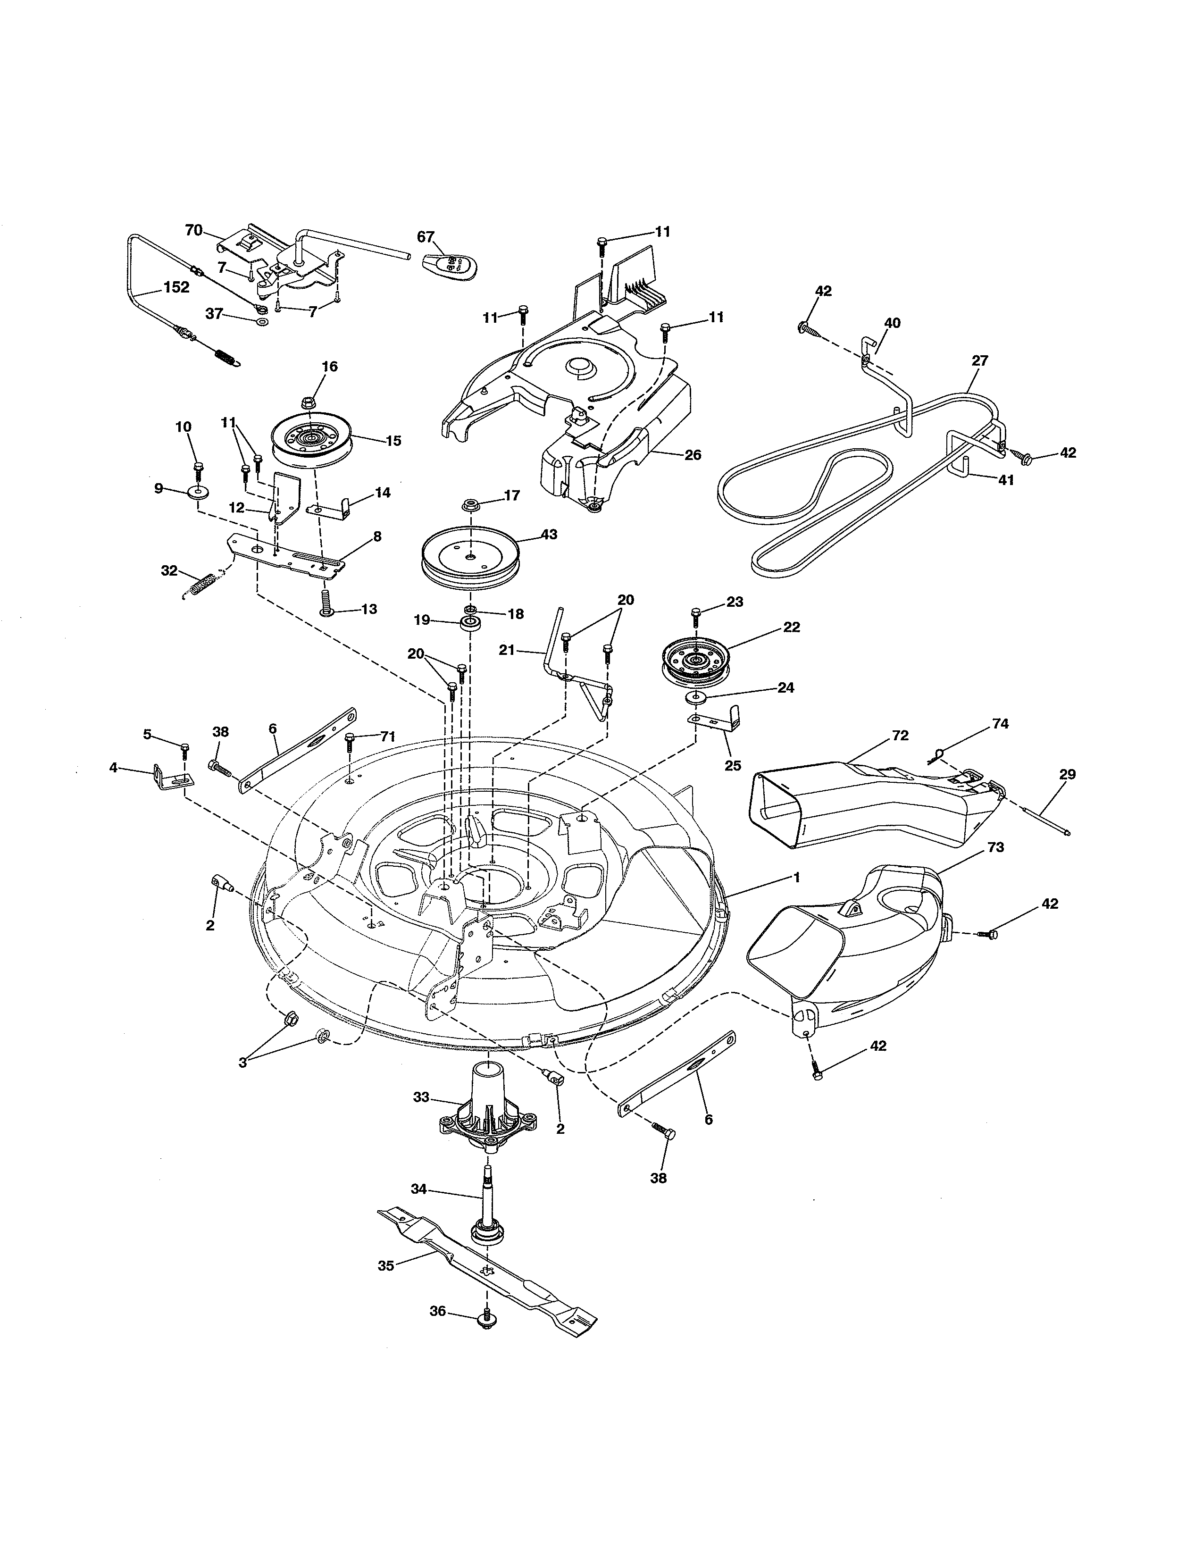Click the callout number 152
[x=176, y=287]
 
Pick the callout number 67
[x=426, y=237]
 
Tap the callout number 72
[x=900, y=735]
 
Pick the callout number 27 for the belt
[x=980, y=361]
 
